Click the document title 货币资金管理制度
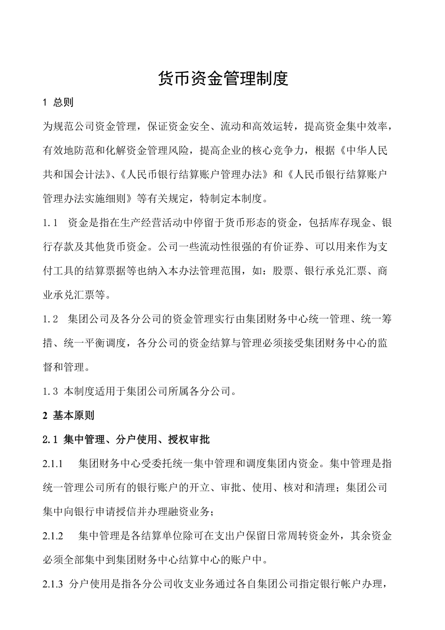(223, 78)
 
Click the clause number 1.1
(50, 223)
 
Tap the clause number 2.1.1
(53, 464)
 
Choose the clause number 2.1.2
(53, 536)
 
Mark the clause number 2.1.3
(53, 584)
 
